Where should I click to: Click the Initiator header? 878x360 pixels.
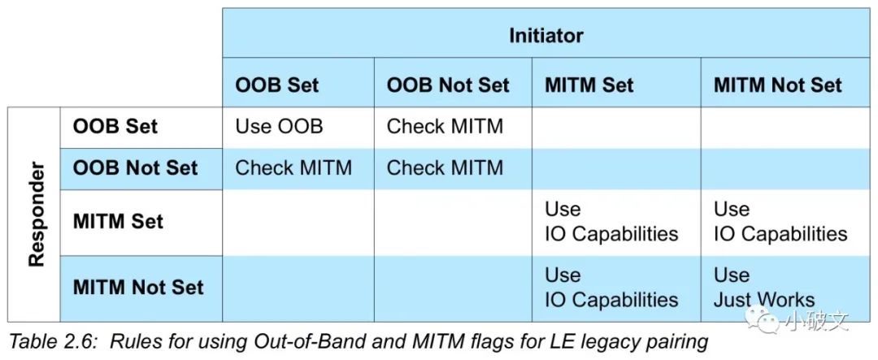[x=546, y=36]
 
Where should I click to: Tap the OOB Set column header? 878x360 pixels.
[x=277, y=85]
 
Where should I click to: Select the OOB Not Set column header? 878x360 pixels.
[x=448, y=85]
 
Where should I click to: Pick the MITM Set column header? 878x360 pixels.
[x=589, y=85]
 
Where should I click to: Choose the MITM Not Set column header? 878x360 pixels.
[x=778, y=85]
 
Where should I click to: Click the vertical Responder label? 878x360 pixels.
[x=37, y=214]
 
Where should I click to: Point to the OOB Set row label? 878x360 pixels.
[x=115, y=126]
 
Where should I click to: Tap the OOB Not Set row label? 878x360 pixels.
[x=135, y=168]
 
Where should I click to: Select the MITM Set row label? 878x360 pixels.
[x=118, y=221]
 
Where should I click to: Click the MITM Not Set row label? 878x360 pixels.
[x=138, y=288]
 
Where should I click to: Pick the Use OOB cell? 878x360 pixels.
[x=280, y=126]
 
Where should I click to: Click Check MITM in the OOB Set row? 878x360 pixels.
[x=446, y=126]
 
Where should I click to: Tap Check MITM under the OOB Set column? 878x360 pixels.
[x=294, y=168]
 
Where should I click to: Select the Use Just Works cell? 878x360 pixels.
[x=764, y=287]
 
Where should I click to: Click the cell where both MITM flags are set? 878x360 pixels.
[x=612, y=222]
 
